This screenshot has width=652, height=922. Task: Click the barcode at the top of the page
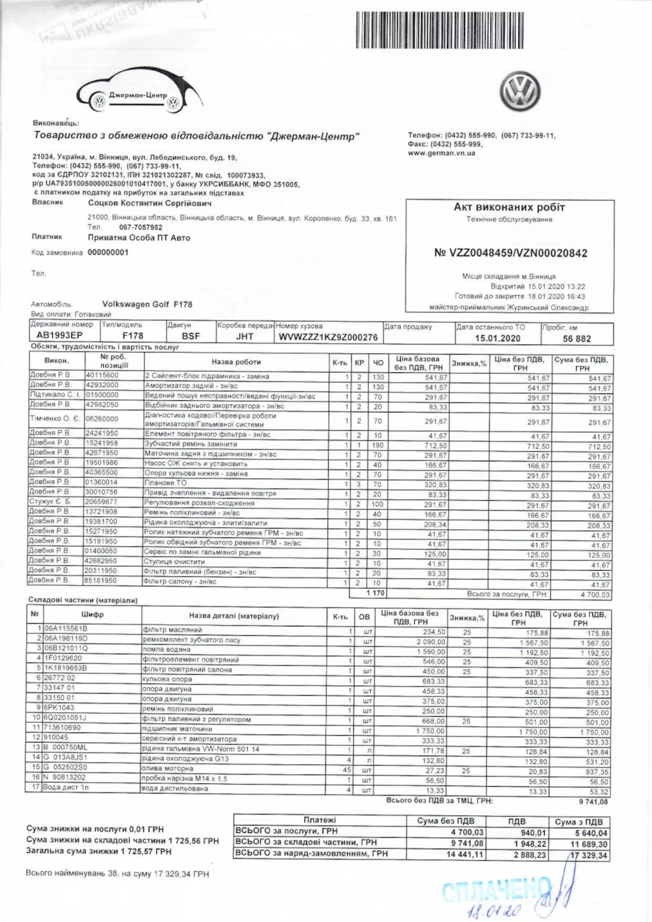(x=440, y=30)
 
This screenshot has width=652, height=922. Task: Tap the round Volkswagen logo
(x=520, y=91)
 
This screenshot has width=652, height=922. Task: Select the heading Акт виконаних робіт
(x=509, y=208)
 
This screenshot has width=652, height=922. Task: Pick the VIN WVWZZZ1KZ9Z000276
(x=328, y=337)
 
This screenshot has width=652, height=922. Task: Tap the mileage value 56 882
(x=576, y=339)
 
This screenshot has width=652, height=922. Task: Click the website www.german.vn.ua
(x=441, y=153)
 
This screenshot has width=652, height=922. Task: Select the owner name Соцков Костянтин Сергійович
(x=150, y=204)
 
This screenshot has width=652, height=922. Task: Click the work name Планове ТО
(x=165, y=483)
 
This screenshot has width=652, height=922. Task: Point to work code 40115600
(x=102, y=376)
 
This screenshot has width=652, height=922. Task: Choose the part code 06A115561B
(x=66, y=629)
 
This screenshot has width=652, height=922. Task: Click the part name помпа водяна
(x=166, y=650)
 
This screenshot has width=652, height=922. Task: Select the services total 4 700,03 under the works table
(x=595, y=595)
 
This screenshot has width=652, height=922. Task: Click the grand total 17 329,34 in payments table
(x=589, y=855)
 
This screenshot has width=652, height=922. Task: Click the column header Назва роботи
(x=236, y=362)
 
